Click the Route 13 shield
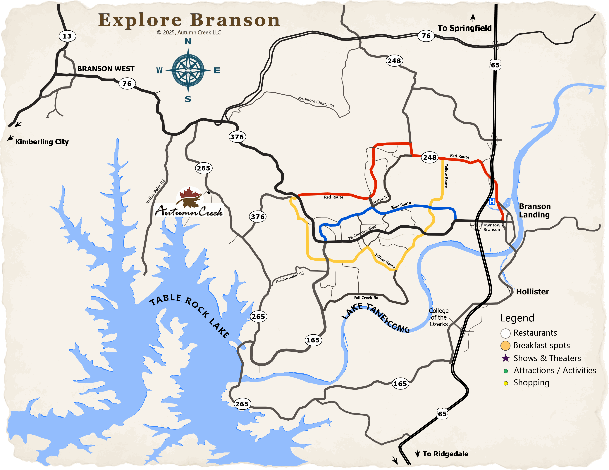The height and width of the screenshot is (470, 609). click(x=67, y=36)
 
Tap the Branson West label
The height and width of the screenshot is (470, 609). click(x=106, y=69)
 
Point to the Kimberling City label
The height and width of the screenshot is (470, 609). click(x=42, y=142)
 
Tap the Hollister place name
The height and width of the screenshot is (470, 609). click(x=532, y=292)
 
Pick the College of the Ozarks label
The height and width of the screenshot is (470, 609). click(x=439, y=317)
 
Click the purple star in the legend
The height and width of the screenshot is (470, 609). click(x=505, y=358)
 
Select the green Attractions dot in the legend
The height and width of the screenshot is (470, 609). click(x=505, y=371)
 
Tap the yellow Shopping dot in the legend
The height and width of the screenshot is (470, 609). click(x=505, y=383)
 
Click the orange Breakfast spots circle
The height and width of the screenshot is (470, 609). click(x=505, y=346)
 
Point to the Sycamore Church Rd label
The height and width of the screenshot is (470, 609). click(x=316, y=102)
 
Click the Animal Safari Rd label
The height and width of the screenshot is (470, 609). click(x=290, y=277)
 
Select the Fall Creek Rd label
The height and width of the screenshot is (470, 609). click(x=366, y=298)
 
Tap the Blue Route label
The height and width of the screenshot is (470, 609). click(x=401, y=205)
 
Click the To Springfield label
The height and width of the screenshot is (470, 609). click(x=465, y=28)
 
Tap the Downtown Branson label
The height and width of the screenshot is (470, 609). click(x=492, y=227)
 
